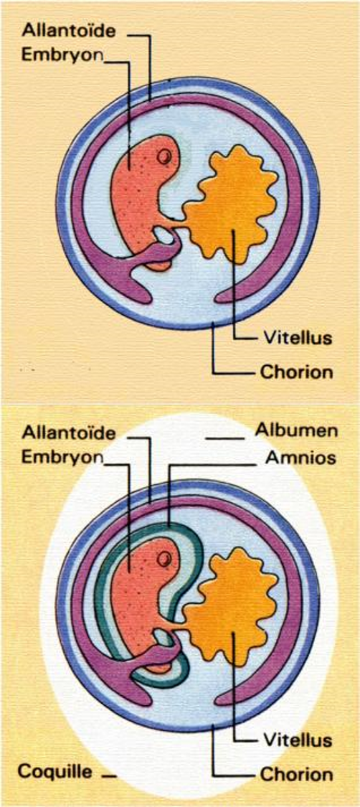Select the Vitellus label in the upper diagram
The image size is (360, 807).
click(x=298, y=338)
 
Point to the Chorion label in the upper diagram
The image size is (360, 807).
click(x=297, y=372)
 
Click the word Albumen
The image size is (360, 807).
click(x=297, y=431)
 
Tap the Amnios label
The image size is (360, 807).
click(x=300, y=457)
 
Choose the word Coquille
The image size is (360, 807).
click(x=55, y=771)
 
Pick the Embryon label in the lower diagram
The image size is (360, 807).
click(x=62, y=457)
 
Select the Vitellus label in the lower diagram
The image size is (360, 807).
click(x=298, y=740)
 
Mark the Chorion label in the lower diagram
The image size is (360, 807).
click(x=297, y=773)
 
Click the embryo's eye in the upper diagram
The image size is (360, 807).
click(x=164, y=156)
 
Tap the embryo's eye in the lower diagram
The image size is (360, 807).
click(x=164, y=558)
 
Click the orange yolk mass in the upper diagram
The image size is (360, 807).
click(x=232, y=203)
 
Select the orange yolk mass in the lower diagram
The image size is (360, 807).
click(x=232, y=605)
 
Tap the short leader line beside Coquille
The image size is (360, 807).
click(x=109, y=775)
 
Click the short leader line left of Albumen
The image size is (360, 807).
click(x=224, y=438)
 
